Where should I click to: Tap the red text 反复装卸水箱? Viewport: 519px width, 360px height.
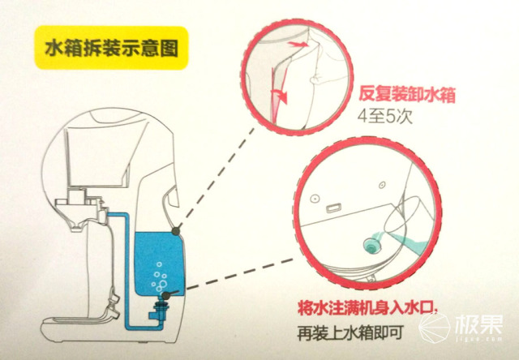click(x=407, y=95)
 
